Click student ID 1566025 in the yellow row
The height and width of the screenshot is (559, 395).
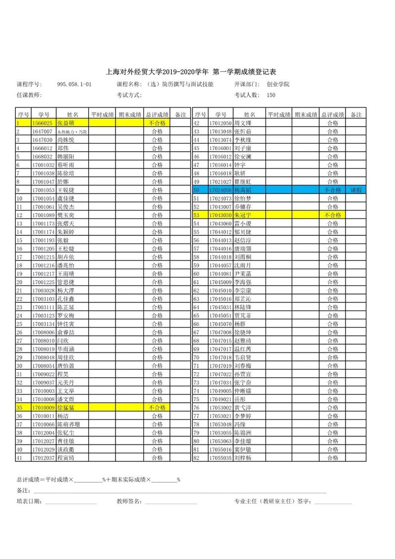click(43, 123)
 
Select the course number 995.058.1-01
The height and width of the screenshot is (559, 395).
click(74, 85)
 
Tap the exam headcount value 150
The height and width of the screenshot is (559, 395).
click(271, 95)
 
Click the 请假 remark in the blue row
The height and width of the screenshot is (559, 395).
click(356, 190)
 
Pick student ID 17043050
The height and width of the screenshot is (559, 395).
click(220, 215)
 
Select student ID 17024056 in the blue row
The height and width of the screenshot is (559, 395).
click(220, 190)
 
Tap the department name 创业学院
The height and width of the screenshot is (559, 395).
click(278, 85)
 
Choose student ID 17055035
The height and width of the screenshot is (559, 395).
click(220, 458)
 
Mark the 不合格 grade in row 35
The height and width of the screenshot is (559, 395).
click(157, 407)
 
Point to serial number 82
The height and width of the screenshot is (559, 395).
click(196, 458)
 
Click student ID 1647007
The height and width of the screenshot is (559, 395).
click(43, 131)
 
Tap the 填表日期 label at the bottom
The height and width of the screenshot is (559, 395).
click(29, 501)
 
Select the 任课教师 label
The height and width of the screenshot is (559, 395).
click(29, 95)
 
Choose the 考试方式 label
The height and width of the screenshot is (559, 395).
click(130, 95)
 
